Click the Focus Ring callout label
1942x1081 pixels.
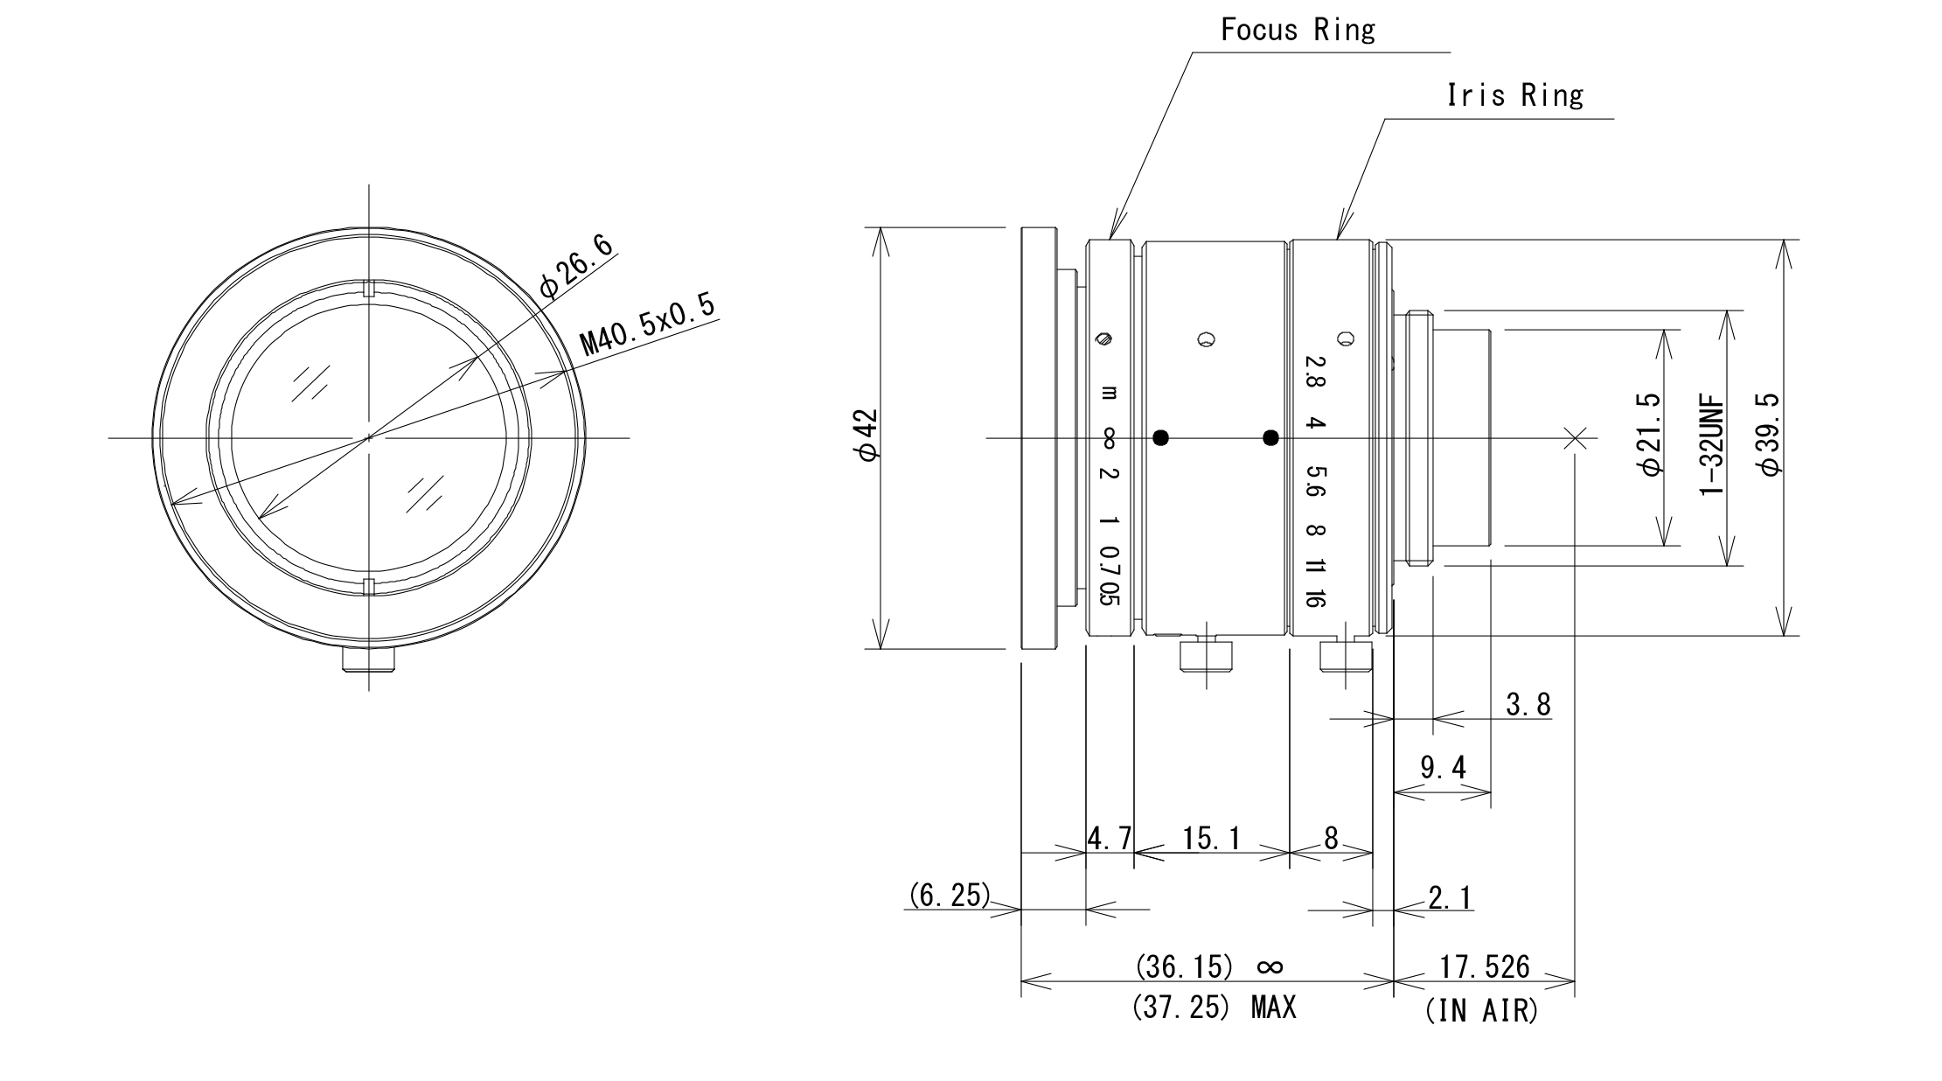pos(1298,31)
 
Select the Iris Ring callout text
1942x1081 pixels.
pos(1514,95)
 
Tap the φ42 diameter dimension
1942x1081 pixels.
pos(868,434)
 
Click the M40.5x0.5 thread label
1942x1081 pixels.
pos(647,324)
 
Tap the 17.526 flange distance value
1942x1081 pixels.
pos(1485,966)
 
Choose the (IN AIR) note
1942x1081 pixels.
pos(1481,1011)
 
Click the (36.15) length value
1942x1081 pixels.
pos(1184,966)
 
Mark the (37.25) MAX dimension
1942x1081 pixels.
pos(1214,1008)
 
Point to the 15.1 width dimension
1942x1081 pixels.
pos(1211,839)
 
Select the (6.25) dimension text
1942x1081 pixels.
pos(949,895)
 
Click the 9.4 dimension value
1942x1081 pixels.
pos(1443,768)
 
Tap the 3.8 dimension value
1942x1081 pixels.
pos(1528,704)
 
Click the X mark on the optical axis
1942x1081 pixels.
pos(1575,438)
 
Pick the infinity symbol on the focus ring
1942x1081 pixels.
pos(1109,438)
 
